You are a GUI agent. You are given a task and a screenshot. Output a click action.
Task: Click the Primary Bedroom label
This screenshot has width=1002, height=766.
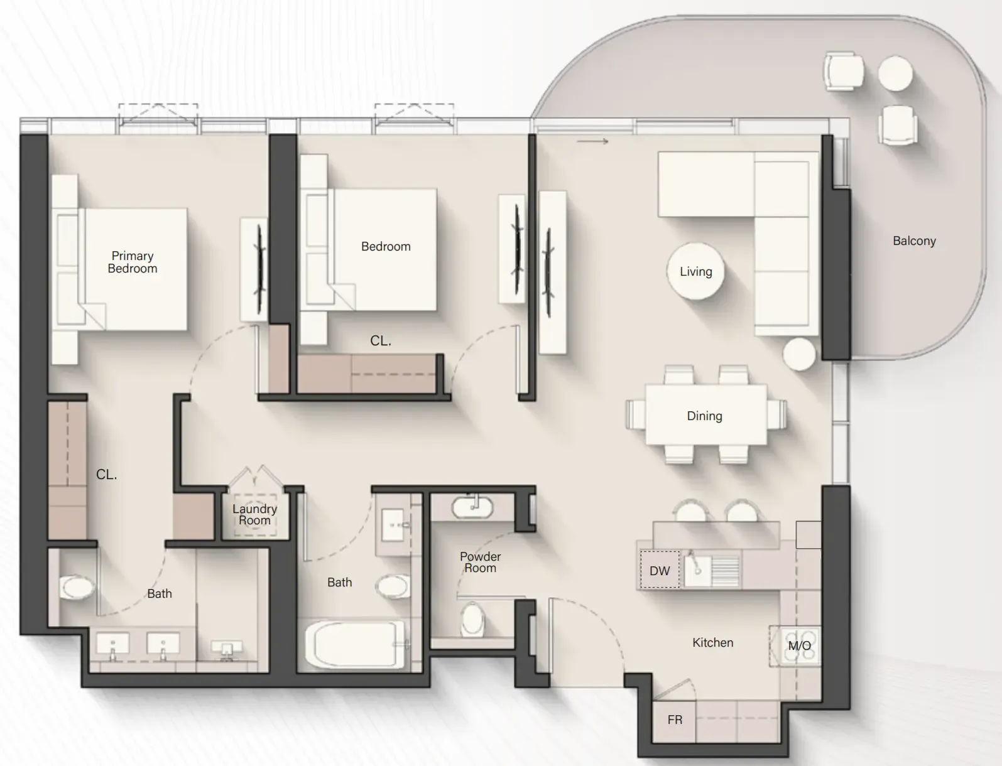133,262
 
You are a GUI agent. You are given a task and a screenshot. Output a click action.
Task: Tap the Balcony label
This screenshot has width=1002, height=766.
914,241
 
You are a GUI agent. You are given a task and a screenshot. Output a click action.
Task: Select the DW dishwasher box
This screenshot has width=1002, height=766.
660,569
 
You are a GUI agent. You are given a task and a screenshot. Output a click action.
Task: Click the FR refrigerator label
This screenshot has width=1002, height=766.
675,720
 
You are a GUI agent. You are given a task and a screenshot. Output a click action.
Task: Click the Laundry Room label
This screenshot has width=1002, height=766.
254,515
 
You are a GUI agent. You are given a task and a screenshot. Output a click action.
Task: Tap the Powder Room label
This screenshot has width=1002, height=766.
480,562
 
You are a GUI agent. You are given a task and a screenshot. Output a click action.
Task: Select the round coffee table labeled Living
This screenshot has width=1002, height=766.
695,271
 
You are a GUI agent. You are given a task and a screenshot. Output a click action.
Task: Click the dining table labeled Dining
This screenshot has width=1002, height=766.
706,415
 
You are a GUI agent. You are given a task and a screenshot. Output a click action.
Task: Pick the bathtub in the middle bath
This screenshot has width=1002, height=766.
355,644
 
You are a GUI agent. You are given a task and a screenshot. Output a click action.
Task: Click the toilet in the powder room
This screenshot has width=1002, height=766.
473,618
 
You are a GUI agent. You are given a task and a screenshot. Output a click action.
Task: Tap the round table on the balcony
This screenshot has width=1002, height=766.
895,73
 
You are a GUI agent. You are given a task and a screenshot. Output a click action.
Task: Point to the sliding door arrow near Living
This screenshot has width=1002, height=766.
592,141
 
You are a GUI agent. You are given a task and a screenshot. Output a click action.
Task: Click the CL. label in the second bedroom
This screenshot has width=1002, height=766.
381,341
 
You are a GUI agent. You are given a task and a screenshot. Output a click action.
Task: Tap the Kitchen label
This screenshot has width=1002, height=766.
712,642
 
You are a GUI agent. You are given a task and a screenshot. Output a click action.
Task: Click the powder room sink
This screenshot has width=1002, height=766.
472,507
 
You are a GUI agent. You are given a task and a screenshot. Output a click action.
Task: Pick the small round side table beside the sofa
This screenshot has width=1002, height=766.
799,354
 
